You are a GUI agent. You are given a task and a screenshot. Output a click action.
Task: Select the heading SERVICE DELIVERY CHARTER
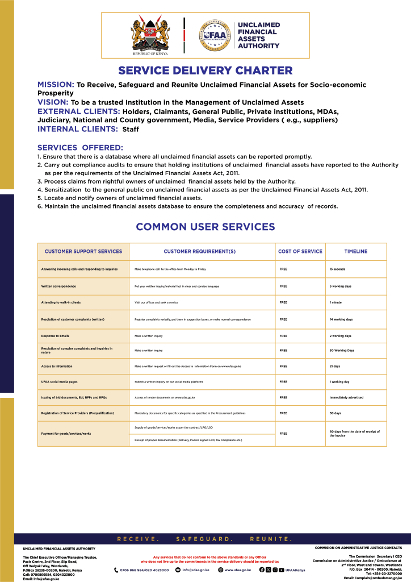coord(205,71)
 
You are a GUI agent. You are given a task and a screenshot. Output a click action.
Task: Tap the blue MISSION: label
coord(56,85)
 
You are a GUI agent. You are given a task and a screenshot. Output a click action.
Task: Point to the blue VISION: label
coord(53,102)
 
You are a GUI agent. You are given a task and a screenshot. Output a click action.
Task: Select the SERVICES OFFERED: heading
coord(80,148)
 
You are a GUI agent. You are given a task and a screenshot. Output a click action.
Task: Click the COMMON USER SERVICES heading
coord(205,227)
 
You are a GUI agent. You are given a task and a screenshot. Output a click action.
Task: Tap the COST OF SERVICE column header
coord(300,251)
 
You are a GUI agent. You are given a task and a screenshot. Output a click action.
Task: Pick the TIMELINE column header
coord(355,251)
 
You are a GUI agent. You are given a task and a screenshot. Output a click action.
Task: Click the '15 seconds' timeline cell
coord(337,269)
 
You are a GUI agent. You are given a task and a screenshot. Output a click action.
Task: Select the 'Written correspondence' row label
coord(58,286)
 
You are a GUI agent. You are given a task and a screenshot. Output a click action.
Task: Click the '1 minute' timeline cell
coord(335,302)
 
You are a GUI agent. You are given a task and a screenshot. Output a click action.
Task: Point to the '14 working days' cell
coord(341,319)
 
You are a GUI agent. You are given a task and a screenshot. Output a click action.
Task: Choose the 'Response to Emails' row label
coord(55,336)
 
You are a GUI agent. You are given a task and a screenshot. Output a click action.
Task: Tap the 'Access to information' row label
coord(57,367)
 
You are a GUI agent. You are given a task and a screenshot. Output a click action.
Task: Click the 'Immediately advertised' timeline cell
coord(346,397)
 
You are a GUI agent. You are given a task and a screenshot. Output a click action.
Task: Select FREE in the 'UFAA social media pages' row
coord(283,382)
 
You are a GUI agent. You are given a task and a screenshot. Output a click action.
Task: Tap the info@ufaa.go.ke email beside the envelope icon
coord(195,569)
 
